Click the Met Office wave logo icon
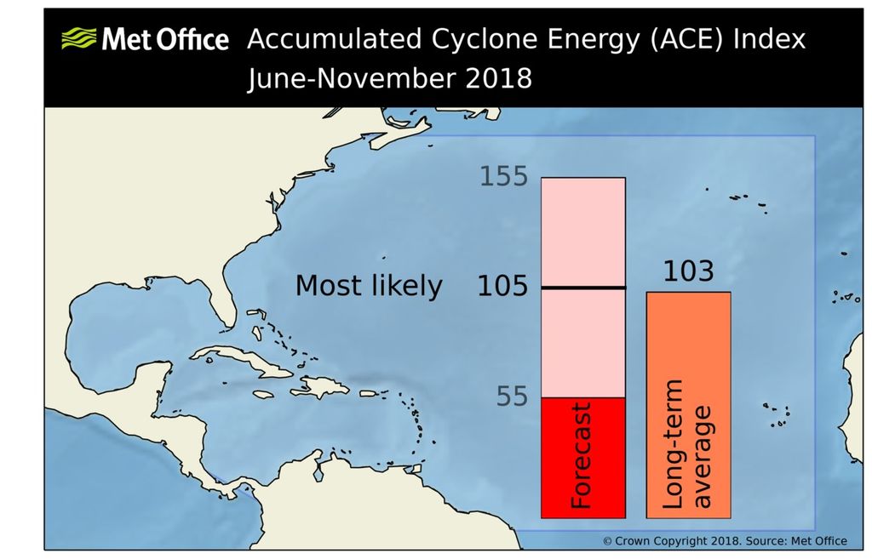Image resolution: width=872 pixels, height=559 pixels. [79, 39]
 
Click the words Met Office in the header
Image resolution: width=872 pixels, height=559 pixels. [165, 39]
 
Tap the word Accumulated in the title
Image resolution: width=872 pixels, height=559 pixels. [333, 39]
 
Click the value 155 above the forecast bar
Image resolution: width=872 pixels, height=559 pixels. [503, 177]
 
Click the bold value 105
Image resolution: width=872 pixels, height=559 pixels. [503, 287]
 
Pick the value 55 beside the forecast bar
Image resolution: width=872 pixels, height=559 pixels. [511, 396]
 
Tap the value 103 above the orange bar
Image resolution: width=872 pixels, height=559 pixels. [688, 271]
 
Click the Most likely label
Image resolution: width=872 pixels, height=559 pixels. [369, 287]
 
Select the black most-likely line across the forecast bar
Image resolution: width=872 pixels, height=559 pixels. [584, 288]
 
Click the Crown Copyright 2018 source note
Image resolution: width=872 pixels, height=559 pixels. [725, 540]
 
